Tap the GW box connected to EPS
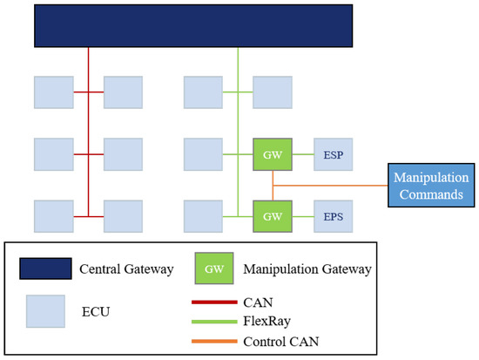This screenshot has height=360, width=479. [271, 215]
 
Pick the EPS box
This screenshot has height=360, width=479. [334, 215]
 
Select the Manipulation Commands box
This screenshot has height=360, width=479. [428, 185]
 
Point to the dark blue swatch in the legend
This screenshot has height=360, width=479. [46, 268]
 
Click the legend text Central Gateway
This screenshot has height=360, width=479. [125, 268]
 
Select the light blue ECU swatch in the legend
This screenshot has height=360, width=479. [45, 309]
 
